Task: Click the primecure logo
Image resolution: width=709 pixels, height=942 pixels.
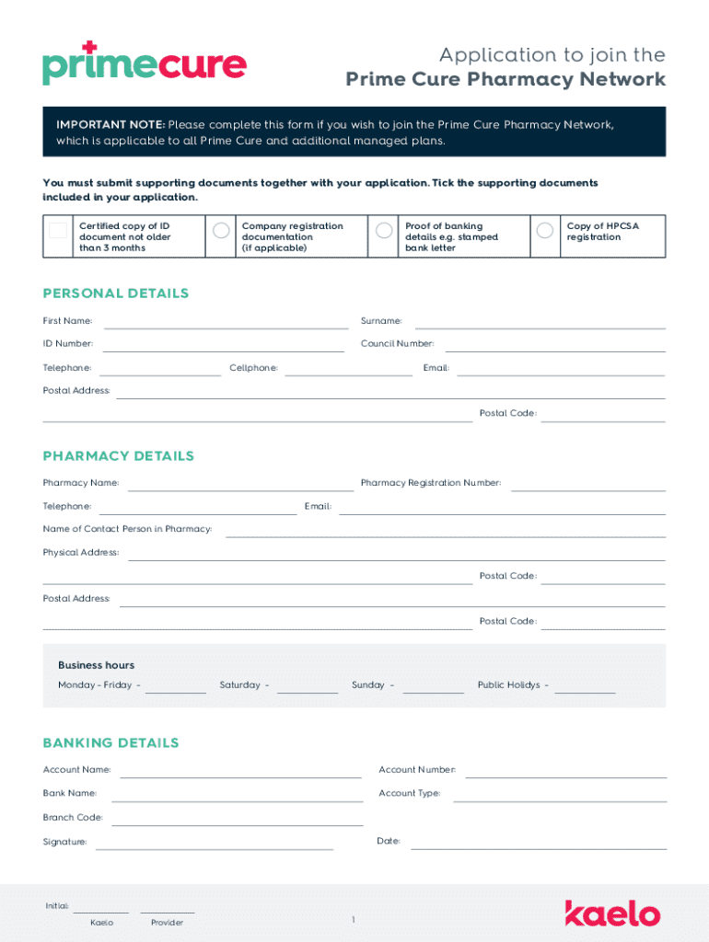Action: (x=144, y=63)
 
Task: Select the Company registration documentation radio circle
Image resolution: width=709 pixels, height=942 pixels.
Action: (x=221, y=230)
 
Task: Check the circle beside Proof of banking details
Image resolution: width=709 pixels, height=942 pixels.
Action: (x=382, y=230)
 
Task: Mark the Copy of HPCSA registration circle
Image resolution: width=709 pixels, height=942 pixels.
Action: (x=545, y=230)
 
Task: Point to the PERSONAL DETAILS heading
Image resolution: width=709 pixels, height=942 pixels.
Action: (x=116, y=293)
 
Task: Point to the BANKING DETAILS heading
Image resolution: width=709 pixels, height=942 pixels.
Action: (x=111, y=742)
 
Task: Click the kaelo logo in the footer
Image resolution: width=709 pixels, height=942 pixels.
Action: (x=612, y=913)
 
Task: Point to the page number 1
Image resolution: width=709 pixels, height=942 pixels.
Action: (x=353, y=920)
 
